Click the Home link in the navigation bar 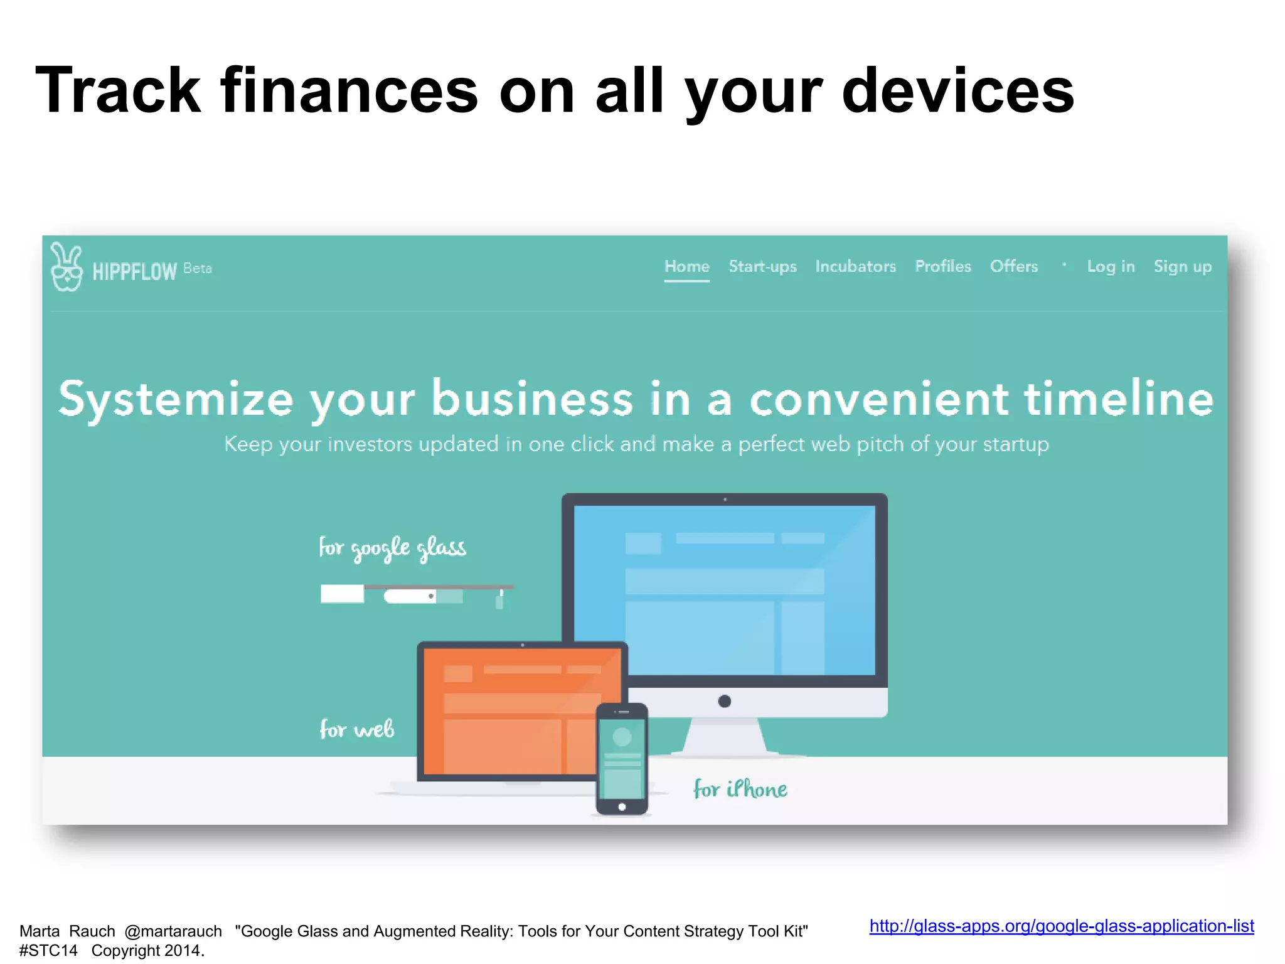tap(686, 267)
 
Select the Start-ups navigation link tap(762, 267)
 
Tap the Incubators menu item tap(855, 267)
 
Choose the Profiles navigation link tap(942, 267)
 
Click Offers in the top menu tap(1013, 267)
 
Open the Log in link tap(1111, 267)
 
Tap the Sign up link tap(1182, 267)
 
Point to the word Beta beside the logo tap(197, 269)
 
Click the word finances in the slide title tap(349, 91)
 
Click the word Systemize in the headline tap(176, 399)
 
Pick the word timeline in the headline tap(1119, 399)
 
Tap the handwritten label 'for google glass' tap(392, 548)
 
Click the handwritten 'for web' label tap(356, 729)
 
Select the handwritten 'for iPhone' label tap(740, 789)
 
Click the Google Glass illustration tap(414, 594)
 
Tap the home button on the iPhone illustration tap(622, 807)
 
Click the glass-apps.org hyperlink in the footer tap(1061, 926)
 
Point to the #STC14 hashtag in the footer tap(48, 951)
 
